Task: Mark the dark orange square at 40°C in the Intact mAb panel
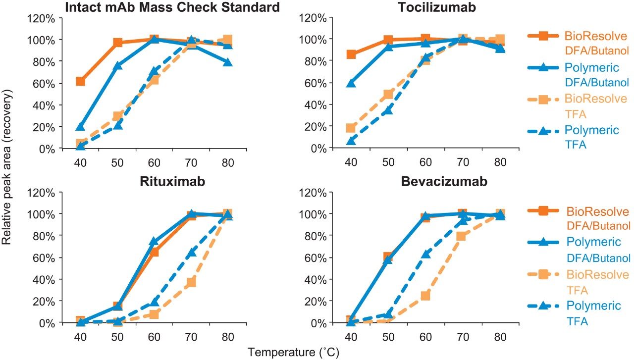pyautogui.click(x=80, y=81)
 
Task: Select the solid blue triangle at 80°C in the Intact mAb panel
pyautogui.click(x=227, y=62)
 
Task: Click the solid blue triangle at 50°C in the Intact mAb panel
pyautogui.click(x=117, y=66)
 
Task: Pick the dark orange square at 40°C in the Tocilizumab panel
pyautogui.click(x=351, y=54)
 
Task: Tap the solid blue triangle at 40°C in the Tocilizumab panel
pyautogui.click(x=351, y=83)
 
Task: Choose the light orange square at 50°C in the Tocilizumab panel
pyautogui.click(x=388, y=95)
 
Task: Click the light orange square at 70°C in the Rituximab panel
pyautogui.click(x=191, y=282)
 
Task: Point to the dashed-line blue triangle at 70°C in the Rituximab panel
pyautogui.click(x=191, y=253)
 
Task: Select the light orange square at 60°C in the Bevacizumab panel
pyautogui.click(x=425, y=296)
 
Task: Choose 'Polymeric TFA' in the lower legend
pyautogui.click(x=592, y=313)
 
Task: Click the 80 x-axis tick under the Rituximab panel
pyautogui.click(x=227, y=335)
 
